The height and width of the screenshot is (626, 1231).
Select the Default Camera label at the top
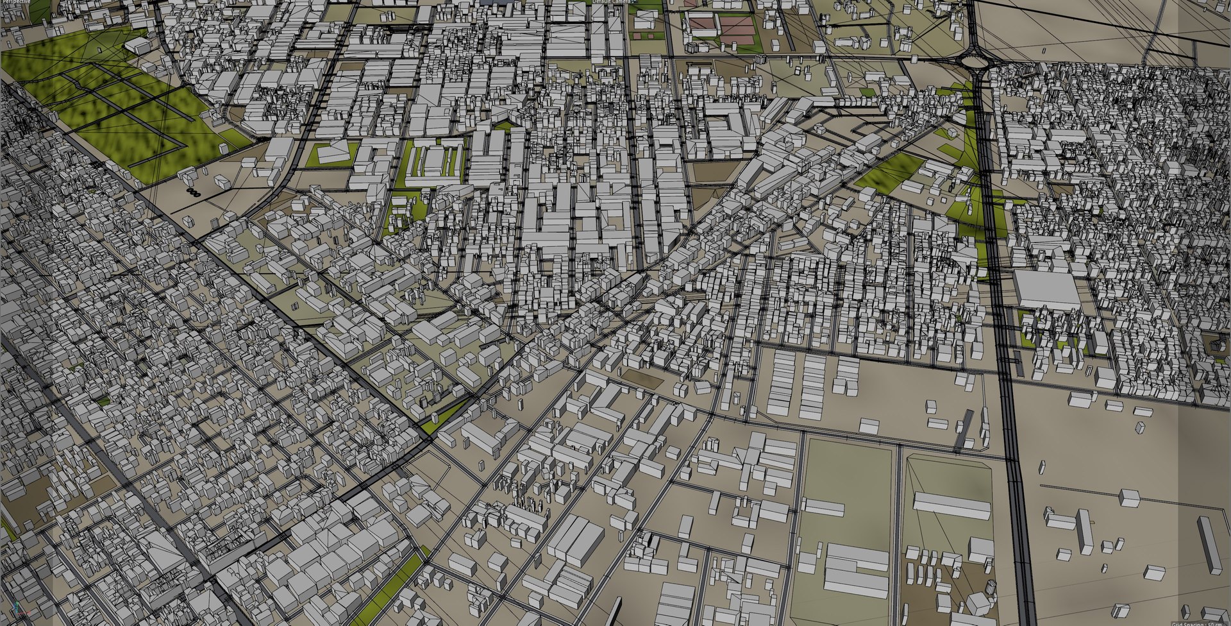610,2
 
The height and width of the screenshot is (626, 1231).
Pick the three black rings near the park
193,192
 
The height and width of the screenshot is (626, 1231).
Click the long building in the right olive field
951,505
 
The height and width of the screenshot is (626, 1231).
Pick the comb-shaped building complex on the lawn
435,160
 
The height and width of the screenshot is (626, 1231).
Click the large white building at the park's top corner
137,45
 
